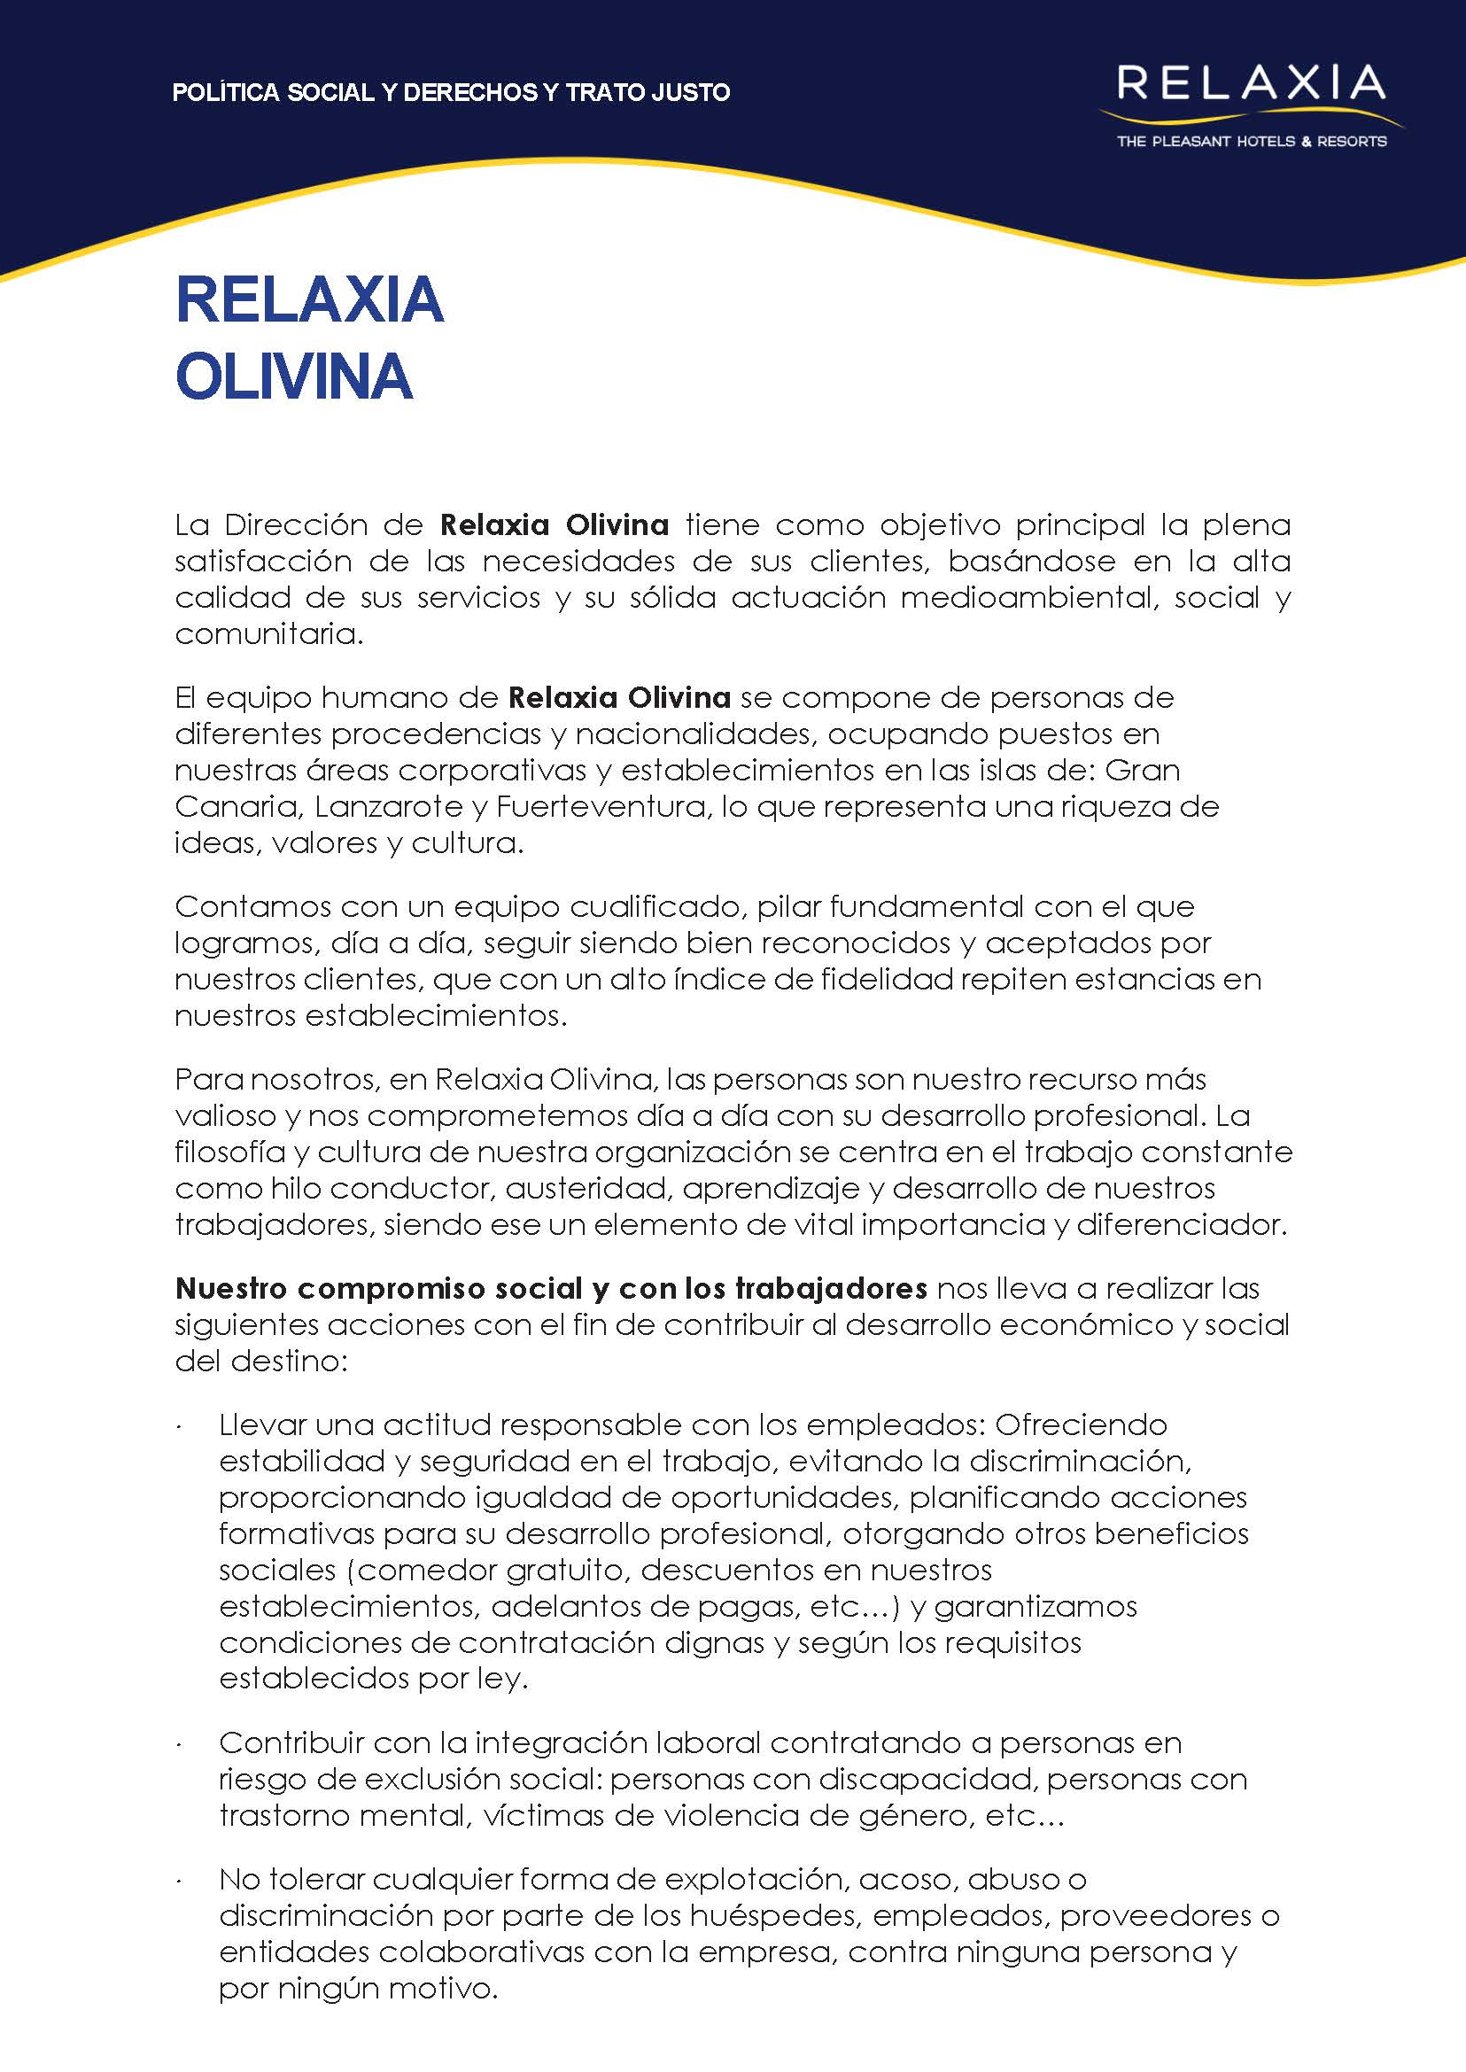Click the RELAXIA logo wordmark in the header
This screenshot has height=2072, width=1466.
1250,83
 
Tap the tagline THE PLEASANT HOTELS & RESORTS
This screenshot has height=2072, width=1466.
1251,142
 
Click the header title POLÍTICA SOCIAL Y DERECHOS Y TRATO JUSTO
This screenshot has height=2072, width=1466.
451,92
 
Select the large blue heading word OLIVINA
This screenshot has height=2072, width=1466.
294,376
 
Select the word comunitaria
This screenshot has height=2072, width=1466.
268,633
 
